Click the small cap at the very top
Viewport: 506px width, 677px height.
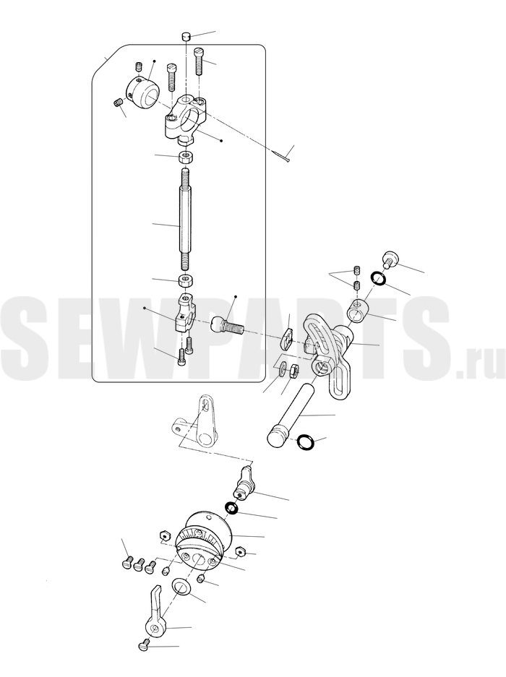(x=186, y=36)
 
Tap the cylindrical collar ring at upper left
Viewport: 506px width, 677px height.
(x=143, y=92)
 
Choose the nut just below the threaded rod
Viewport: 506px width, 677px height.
(x=186, y=280)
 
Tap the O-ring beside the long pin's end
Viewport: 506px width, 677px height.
(x=306, y=441)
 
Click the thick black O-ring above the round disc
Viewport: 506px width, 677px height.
(x=231, y=508)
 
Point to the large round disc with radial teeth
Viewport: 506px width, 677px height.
(x=204, y=540)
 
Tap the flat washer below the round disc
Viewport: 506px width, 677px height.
(x=181, y=587)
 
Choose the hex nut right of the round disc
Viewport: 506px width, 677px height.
(x=240, y=552)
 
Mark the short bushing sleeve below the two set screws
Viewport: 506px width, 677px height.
(x=359, y=311)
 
